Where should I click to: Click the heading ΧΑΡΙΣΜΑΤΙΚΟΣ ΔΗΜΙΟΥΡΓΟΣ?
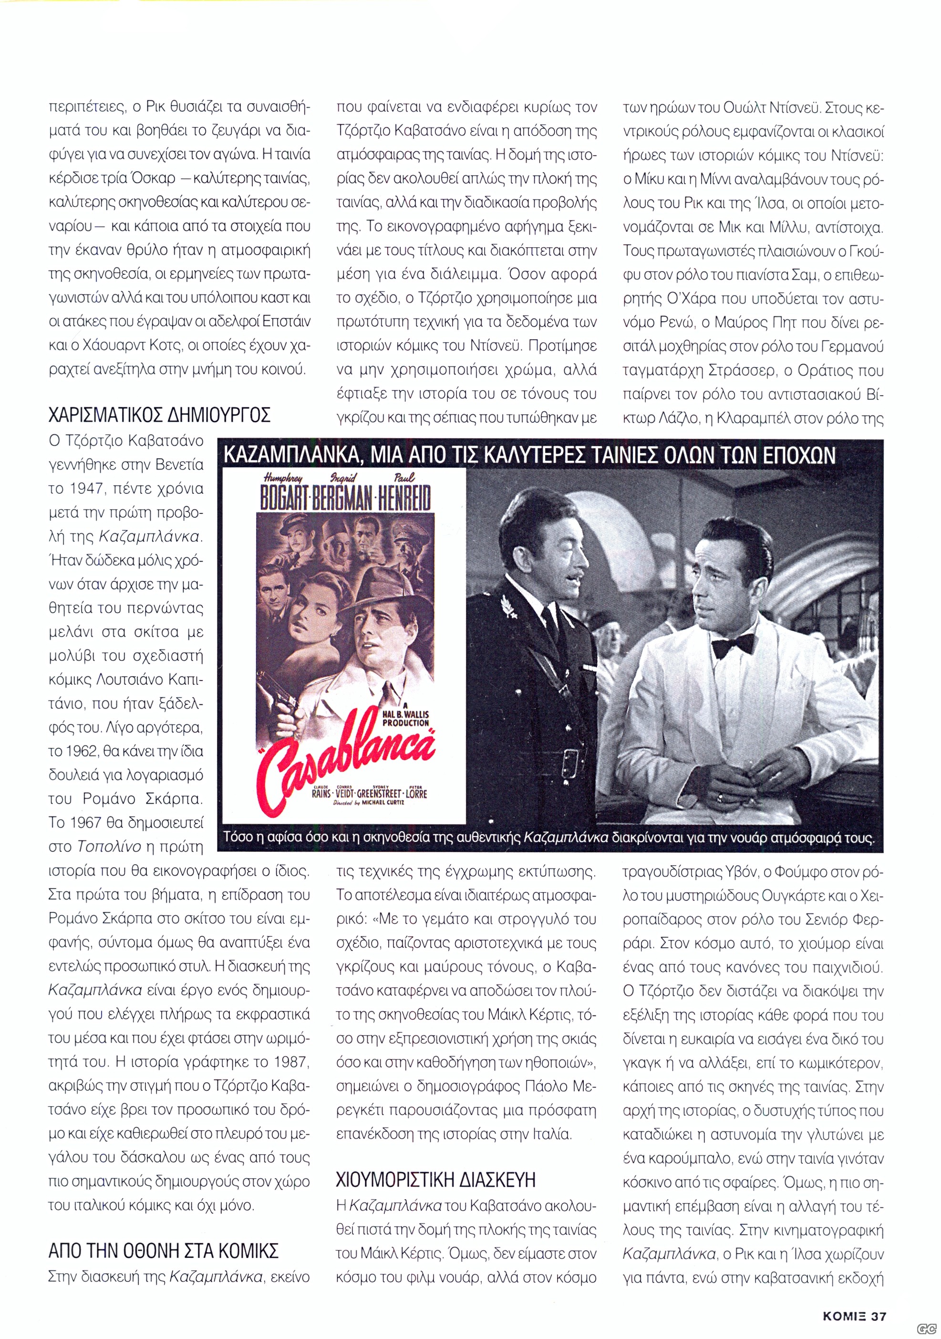[159, 415]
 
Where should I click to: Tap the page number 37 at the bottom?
[878, 1299]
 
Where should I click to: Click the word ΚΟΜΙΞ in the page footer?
[844, 1299]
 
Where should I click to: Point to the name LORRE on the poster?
[416, 793]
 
